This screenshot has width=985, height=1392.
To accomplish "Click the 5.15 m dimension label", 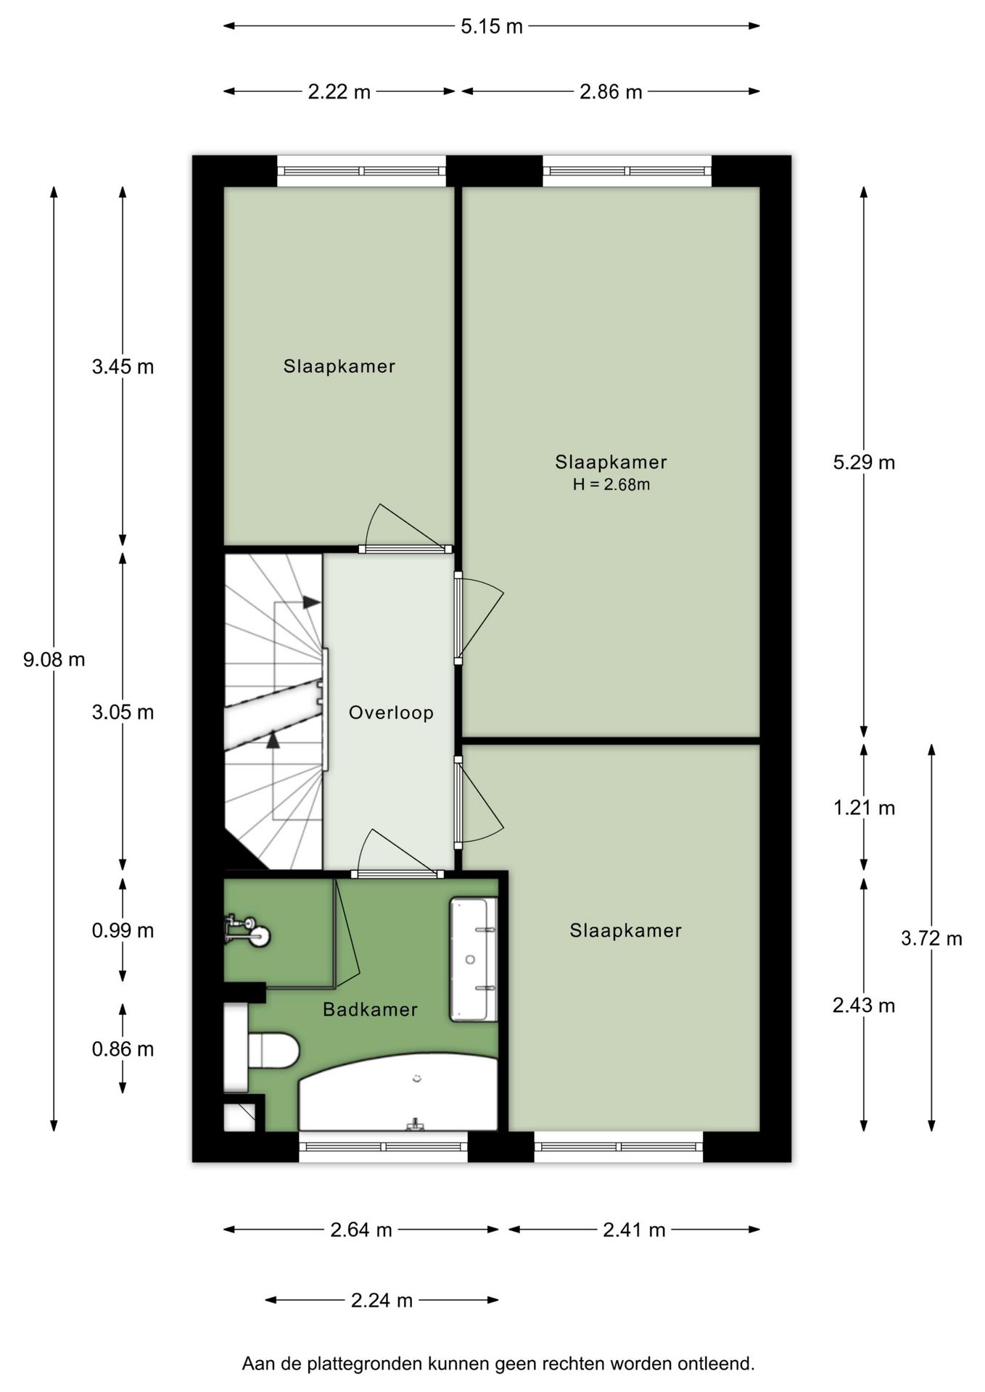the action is [x=491, y=27].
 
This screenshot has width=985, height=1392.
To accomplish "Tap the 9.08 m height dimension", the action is [x=54, y=660].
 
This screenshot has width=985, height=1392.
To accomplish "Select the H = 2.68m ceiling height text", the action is [x=611, y=484].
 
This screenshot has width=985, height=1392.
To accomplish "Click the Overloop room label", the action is [x=391, y=713].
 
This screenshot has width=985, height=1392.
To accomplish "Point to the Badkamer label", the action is [x=370, y=1009].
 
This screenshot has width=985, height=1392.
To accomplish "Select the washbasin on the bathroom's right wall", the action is [x=474, y=959].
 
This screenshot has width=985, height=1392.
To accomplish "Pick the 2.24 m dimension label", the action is [x=382, y=1300].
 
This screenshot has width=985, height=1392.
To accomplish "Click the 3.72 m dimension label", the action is [x=931, y=938].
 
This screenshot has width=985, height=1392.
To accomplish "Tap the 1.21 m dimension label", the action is [x=864, y=808].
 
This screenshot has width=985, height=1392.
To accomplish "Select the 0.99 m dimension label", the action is [x=123, y=930].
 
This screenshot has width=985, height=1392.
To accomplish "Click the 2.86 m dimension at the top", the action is [x=611, y=92].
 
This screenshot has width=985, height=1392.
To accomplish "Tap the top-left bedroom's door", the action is [x=405, y=549].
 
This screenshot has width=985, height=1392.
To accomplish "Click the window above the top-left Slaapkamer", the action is [x=361, y=171].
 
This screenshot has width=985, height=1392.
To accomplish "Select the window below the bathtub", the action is [x=383, y=1146].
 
